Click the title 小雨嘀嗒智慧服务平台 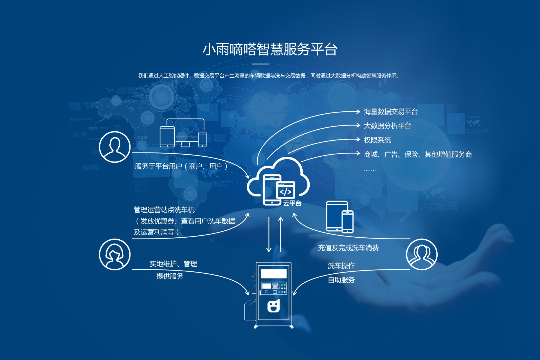click(270, 49)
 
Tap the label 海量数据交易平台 click(391, 112)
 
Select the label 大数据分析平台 click(388, 126)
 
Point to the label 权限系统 click(377, 140)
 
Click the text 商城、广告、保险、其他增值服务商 click(418, 154)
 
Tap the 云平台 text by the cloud click(292, 203)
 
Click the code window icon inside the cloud click(286, 190)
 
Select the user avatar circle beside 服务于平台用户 click(115, 147)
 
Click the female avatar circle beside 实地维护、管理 click(115, 255)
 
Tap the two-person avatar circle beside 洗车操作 click(422, 255)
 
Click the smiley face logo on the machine click(274, 306)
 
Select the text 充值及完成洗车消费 click(348, 248)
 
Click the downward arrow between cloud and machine click(269, 234)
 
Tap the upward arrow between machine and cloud click(281, 234)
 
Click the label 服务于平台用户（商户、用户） click(181, 166)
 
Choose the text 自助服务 click(341, 280)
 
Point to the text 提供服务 click(170, 276)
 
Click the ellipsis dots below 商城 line click(370, 170)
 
